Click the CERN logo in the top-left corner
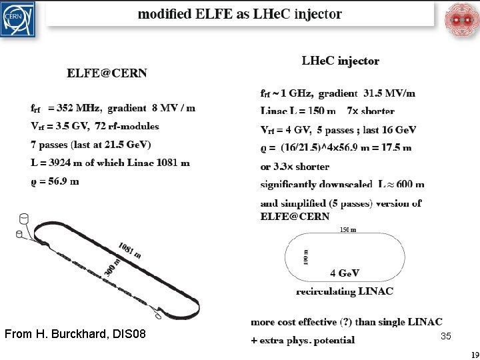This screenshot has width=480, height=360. [x=19, y=19]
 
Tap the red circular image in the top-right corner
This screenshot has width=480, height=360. [x=461, y=19]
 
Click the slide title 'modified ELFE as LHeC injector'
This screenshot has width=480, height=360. [x=240, y=14]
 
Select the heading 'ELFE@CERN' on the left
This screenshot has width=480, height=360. [x=107, y=73]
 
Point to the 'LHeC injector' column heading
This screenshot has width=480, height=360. [x=340, y=61]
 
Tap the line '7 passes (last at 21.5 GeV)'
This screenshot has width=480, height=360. [x=91, y=144]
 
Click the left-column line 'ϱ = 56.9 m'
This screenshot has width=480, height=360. [x=55, y=181]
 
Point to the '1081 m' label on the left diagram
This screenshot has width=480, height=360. [x=129, y=250]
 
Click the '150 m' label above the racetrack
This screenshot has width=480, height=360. [x=348, y=230]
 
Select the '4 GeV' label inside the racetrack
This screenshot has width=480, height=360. [x=345, y=273]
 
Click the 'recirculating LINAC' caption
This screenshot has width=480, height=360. [x=345, y=291]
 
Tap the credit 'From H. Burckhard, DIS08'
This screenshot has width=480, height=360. [x=75, y=333]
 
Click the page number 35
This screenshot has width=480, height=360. [x=446, y=336]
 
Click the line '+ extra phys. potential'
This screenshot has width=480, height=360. [x=303, y=340]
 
